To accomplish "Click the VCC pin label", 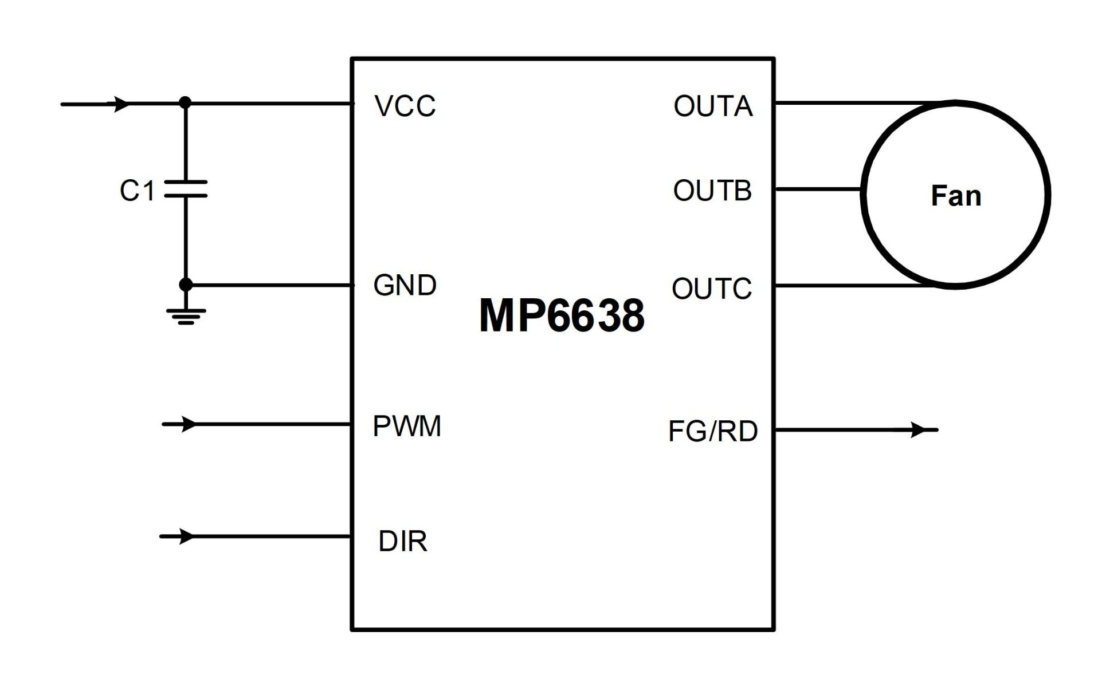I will pos(405,106).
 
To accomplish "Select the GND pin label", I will pos(405,285).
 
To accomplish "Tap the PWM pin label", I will pos(407,426).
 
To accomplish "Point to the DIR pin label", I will pos(402,541).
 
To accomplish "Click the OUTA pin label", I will pos(712,106).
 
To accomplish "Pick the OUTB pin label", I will pos(712,191).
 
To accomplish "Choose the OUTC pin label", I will pos(711,289).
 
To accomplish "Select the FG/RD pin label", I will pos(712,431).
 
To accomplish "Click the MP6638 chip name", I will pos(562,315).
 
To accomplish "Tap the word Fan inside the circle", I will pos(956,196).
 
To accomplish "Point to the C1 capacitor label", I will pos(137,191).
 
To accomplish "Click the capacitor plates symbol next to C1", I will pos(186,189).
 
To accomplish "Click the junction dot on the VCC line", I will pos(185,103).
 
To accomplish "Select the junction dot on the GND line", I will pos(186,285).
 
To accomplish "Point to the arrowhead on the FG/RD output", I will pos(918,429).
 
